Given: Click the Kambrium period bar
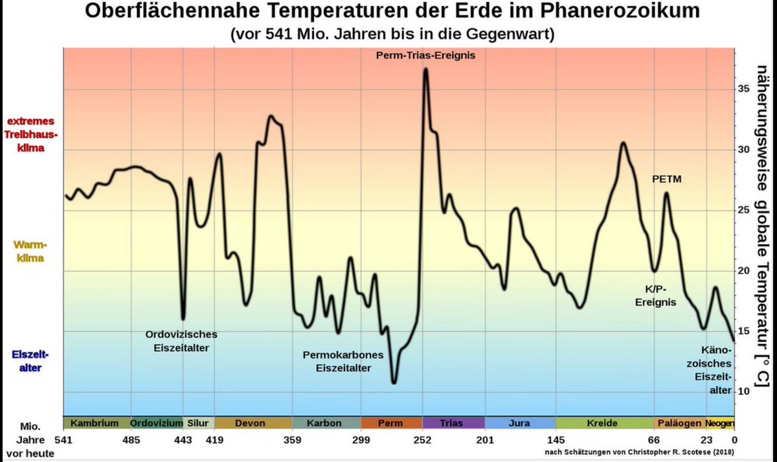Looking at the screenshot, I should [x=95, y=423].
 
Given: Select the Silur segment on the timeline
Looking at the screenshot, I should [x=198, y=423].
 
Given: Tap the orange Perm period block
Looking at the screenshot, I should [x=390, y=423].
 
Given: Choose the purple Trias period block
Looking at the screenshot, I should [x=451, y=423].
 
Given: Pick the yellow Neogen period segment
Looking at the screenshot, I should [x=719, y=423].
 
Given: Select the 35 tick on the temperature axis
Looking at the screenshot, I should [x=744, y=89].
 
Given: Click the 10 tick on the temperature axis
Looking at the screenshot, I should [x=744, y=391].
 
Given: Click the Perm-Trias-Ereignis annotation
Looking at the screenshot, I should [x=425, y=56].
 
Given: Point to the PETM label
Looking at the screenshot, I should [x=666, y=179].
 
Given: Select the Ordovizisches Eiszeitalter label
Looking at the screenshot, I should [x=181, y=341].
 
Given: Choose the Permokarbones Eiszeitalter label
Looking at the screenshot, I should [x=343, y=362].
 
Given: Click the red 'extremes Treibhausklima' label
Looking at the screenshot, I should [x=31, y=135].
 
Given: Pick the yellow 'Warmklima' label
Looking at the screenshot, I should [x=30, y=252].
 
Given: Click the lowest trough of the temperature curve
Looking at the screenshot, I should [x=394, y=383].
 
